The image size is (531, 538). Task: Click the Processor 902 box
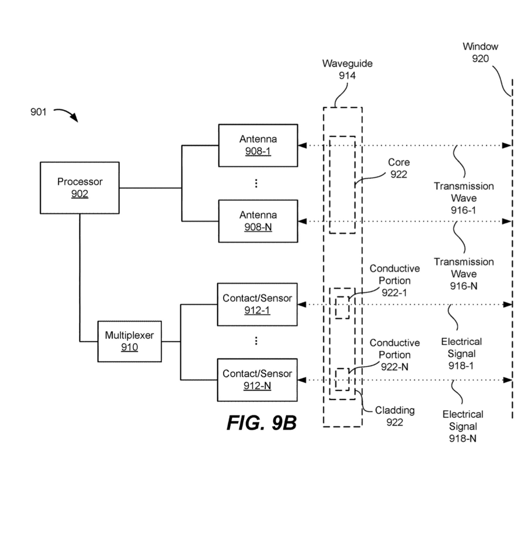80,188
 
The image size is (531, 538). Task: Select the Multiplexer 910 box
129,341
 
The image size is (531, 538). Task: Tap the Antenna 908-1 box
258,145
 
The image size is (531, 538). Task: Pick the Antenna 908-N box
258,221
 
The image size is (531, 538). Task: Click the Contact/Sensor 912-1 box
257,304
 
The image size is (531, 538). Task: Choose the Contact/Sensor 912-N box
257,380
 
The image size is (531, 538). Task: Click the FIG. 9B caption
261,423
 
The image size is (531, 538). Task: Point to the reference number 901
38,112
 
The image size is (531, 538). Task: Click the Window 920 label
480,52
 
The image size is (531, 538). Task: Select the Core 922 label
399,168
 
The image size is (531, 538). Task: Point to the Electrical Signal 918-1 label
461,353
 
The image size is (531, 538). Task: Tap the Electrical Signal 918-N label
462,426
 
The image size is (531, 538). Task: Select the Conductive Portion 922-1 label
394,280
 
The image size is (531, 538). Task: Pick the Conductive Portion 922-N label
394,354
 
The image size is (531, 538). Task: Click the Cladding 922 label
394,416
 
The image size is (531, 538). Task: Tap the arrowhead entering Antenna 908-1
302,145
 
